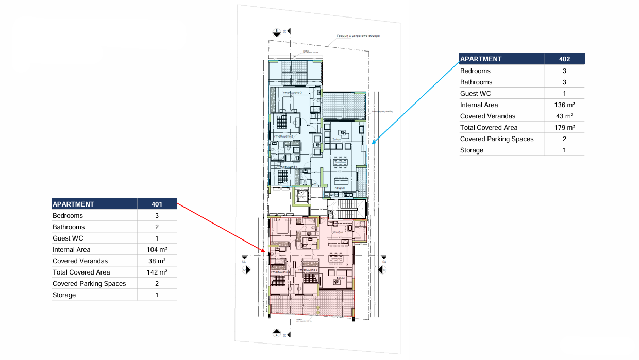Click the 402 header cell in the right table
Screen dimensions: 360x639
point(564,59)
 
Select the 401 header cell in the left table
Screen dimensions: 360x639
point(157,204)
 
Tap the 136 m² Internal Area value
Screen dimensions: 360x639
point(564,105)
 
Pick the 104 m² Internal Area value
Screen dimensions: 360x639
point(157,250)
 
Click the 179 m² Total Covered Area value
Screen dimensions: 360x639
point(564,128)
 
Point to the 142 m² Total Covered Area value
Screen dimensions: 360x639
point(157,272)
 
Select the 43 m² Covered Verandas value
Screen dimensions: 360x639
point(564,116)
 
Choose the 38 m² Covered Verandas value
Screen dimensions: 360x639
point(157,261)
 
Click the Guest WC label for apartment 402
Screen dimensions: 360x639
point(475,94)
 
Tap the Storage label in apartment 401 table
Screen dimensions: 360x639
point(64,295)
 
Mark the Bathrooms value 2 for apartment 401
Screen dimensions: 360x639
point(157,227)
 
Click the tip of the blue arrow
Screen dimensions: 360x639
point(372,142)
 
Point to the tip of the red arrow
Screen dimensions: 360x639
point(266,252)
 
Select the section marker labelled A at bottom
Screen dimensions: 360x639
point(276,334)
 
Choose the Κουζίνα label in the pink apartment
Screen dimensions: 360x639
point(338,232)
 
